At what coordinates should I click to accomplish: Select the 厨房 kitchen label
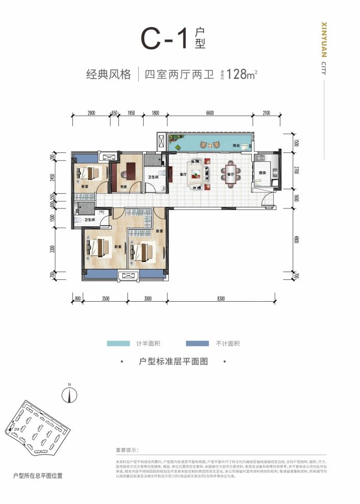(262, 173)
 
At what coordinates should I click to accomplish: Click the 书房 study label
(123, 187)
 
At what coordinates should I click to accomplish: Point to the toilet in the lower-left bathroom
(78, 220)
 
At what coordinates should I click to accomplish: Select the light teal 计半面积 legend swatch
(118, 343)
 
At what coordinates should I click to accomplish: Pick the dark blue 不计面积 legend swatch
(198, 343)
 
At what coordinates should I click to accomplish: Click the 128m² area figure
(241, 74)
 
